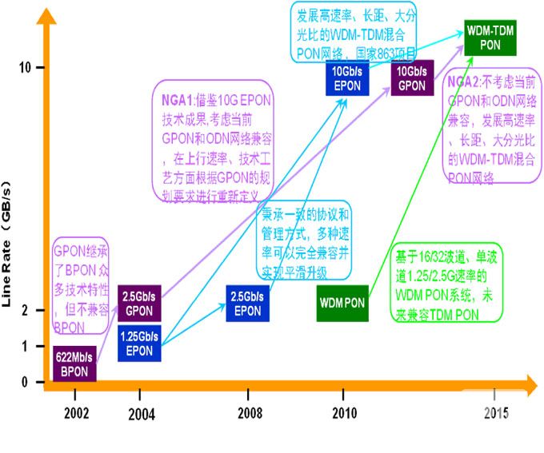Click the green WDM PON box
[x=342, y=304]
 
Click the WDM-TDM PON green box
[x=490, y=38]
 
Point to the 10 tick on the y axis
[x=24, y=66]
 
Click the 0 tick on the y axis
[x=25, y=382]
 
